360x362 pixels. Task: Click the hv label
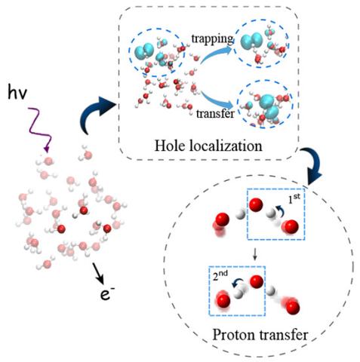pos(17,92)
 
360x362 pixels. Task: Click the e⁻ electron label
pos(107,294)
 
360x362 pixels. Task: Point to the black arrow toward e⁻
pos(98,273)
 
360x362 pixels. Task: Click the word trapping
pos(213,39)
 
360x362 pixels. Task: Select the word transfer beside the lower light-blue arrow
pos(215,113)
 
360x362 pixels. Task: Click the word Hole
pos(170,146)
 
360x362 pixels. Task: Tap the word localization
pos(226,146)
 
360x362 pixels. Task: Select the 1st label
pos(294,198)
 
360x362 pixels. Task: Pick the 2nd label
pos(220,275)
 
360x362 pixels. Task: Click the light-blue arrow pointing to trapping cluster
pos(217,54)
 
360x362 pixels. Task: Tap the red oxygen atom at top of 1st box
pos(256,204)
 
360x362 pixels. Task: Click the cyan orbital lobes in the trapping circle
pos(251,41)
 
